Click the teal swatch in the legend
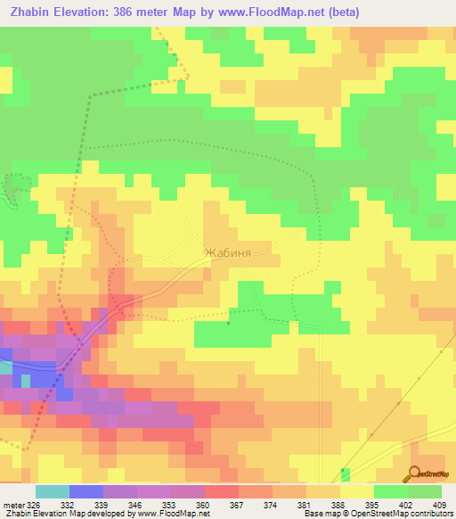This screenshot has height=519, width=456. (x=53, y=491)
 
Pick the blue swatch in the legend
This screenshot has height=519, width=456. (x=86, y=491)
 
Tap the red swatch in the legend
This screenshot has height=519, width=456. (x=222, y=491)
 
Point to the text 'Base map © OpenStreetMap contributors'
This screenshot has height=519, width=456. (x=378, y=514)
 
